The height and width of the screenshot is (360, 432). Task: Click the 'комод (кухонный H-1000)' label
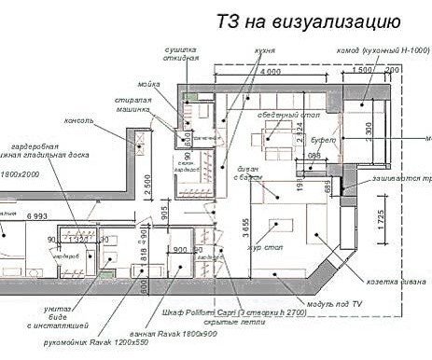tap(382, 51)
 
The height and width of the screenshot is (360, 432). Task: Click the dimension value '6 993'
tap(36, 216)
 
